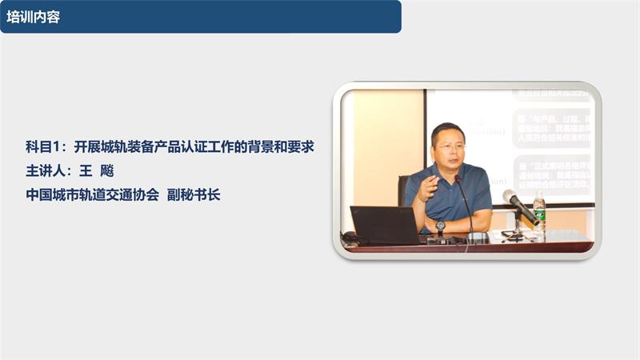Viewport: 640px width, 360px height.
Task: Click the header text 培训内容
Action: click(x=33, y=17)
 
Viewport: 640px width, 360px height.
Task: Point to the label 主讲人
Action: click(x=45, y=170)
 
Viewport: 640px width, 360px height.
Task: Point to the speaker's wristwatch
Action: click(x=440, y=226)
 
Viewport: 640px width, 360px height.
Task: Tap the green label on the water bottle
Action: click(x=539, y=214)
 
